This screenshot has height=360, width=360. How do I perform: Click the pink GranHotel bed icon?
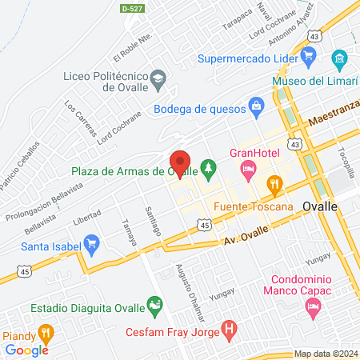(248, 168)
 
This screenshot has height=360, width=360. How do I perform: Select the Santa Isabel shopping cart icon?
(91, 243)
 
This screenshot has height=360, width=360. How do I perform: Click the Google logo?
(26, 350)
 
